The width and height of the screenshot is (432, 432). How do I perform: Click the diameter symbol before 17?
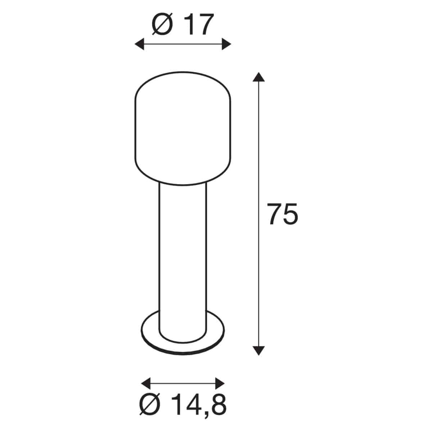pos(162,24)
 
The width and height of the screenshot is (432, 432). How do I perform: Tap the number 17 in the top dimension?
pos(200,24)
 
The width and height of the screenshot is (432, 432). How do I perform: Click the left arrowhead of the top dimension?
pos(139,44)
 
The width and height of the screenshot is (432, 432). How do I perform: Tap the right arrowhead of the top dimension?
pos(226,44)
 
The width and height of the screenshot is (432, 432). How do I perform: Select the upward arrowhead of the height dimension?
pos(259,77)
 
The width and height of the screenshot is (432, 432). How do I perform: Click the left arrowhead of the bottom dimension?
pos(146,377)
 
